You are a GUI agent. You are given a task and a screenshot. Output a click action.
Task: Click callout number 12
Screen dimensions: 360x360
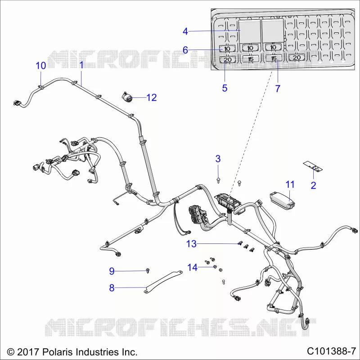coord(151,98)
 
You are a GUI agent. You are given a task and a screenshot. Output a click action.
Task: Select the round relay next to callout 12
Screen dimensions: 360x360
coord(127,97)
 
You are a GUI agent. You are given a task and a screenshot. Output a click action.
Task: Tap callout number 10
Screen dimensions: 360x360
coord(40,66)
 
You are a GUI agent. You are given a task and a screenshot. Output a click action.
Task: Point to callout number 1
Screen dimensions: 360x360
coord(81,65)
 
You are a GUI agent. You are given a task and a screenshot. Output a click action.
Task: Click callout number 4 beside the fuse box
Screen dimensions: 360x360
coord(185,31)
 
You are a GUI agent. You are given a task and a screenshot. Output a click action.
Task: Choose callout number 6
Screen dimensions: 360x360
coord(185,50)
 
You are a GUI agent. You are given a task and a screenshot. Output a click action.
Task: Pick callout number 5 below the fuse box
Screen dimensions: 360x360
coord(225,88)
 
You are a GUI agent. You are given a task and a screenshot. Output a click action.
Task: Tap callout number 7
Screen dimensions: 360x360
coord(278,88)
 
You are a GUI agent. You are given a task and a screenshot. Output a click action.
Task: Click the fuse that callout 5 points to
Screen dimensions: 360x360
coord(228,60)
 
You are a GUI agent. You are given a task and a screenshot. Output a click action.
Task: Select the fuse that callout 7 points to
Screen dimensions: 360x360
coord(274,58)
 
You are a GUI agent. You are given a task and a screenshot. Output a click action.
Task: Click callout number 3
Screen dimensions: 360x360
coord(218,159)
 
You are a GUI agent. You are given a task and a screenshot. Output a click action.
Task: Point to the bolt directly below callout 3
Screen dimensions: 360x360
coord(218,180)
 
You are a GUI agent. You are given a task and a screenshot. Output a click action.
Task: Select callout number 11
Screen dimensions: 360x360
coord(290,184)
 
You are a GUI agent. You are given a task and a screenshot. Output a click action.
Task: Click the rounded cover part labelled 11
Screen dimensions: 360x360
coord(282,201)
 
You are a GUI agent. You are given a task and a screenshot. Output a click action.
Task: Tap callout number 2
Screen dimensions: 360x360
coord(313,185)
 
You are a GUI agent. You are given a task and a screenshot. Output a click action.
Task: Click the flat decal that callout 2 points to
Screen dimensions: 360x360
coord(313,166)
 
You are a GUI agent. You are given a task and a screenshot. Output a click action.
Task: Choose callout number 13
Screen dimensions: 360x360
coord(192,244)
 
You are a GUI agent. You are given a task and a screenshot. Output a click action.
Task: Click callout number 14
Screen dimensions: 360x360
coord(193,267)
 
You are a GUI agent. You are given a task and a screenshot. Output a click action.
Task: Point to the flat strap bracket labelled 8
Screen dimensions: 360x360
coord(163,282)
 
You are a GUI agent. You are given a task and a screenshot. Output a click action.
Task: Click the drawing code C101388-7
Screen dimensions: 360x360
coord(331,351)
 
